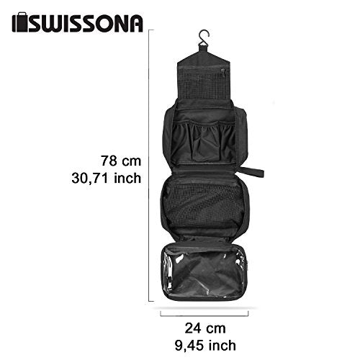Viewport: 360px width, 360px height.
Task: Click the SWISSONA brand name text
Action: [86, 23]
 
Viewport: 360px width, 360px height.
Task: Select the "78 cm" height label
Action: [121, 161]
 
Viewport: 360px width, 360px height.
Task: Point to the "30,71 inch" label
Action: [107, 178]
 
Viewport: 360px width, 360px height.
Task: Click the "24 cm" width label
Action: [205, 328]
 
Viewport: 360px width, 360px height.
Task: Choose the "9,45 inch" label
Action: [205, 346]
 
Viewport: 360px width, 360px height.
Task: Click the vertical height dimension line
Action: [149, 165]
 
